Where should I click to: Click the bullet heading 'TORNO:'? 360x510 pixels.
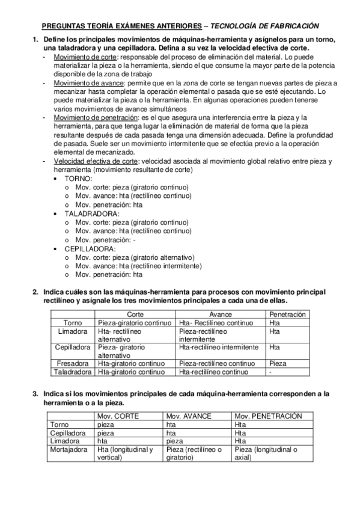(x=79, y=179)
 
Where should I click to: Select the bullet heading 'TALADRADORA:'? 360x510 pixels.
(x=92, y=214)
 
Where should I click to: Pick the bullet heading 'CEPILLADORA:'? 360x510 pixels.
(x=90, y=248)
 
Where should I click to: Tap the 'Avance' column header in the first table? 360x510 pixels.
(x=220, y=315)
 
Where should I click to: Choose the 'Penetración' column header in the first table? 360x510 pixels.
(x=287, y=315)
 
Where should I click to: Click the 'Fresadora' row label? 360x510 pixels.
(x=72, y=364)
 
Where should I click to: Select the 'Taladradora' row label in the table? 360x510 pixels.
(x=72, y=372)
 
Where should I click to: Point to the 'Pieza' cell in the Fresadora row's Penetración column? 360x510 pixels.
(x=278, y=364)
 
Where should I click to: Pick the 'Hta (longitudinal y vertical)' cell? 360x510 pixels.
(x=125, y=453)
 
